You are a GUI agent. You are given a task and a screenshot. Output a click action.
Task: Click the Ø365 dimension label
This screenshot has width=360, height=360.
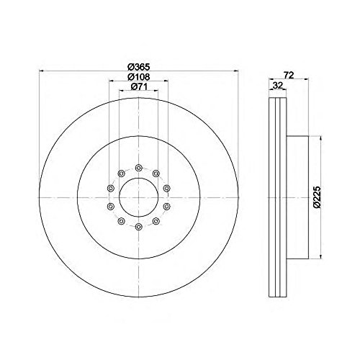[138, 66]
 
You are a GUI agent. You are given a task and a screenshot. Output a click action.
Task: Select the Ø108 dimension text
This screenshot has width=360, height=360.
[138, 76]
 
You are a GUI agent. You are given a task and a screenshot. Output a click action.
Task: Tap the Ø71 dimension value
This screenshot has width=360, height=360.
[138, 87]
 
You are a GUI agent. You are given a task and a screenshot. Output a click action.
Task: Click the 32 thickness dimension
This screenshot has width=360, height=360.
[277, 85]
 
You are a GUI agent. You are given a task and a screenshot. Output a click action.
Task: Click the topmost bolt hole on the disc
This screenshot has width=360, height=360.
[138, 168]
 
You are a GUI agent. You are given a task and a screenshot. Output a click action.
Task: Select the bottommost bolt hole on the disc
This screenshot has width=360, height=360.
[138, 226]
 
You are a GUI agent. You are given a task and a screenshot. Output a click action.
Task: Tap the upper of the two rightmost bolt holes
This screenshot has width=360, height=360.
[166, 188]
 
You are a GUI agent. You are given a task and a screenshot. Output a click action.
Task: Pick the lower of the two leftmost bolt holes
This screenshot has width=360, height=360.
[110, 207]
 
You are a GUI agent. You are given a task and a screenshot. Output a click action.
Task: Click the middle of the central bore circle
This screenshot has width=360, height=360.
[138, 197]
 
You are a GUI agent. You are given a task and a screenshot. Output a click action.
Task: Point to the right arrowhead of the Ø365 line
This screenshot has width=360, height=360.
[235, 71]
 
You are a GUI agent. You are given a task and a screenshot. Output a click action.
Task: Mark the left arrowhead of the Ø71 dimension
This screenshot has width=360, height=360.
[120, 92]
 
